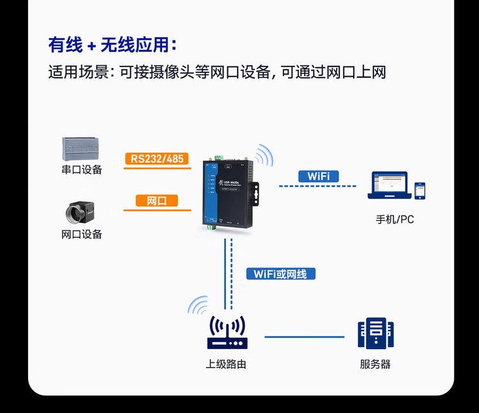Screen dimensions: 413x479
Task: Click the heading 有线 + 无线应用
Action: pos(112,45)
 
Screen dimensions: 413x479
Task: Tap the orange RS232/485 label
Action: pos(157,159)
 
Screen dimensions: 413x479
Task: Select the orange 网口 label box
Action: pos(156,201)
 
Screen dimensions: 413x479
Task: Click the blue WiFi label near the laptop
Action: pos(318,176)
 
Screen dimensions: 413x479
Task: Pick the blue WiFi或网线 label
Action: pos(280,274)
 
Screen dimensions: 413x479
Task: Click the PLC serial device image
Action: pos(81,149)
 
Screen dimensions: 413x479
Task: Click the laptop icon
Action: pos(387,185)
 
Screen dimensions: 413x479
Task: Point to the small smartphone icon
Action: pos(420,190)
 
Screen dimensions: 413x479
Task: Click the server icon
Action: pos(376,334)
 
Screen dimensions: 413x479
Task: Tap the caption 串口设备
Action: pos(81,170)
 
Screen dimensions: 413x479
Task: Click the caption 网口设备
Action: pos(81,235)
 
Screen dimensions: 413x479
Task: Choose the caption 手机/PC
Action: pos(395,219)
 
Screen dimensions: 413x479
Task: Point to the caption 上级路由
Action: pos(226,365)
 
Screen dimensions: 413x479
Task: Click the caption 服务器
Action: pos(376,365)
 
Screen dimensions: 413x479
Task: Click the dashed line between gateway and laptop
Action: pos(317,186)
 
